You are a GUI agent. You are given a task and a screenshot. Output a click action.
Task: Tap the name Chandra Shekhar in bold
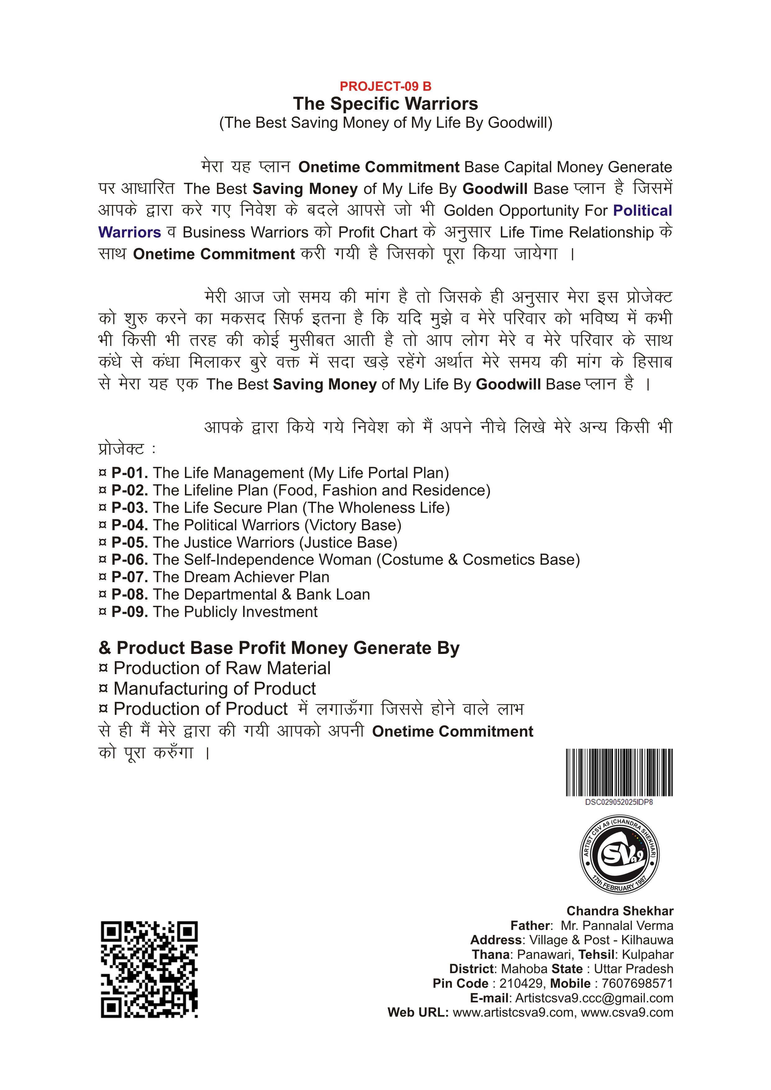(620, 911)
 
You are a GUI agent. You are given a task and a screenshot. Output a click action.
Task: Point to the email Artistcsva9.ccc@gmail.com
(594, 998)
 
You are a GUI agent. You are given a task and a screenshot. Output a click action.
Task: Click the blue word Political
(642, 210)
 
